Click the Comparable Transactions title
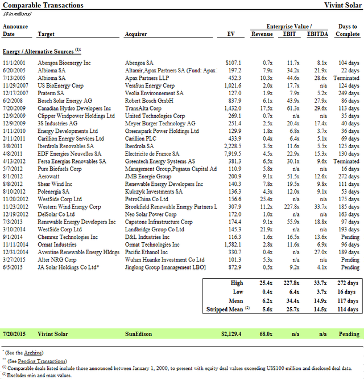(43, 5)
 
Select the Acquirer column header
(136, 34)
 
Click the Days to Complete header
(348, 30)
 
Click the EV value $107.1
(233, 63)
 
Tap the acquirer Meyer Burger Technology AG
(160, 123)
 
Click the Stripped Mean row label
(225, 309)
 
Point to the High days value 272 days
(348, 282)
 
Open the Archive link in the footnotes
(33, 352)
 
